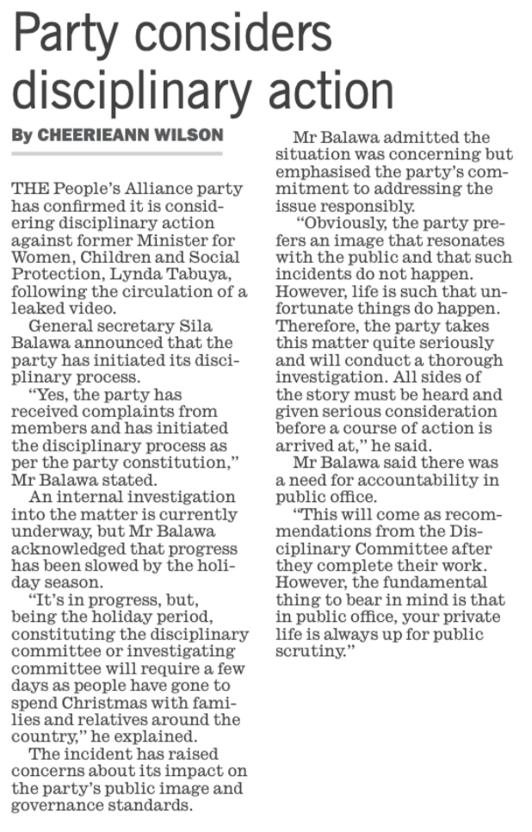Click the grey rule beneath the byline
[x=116, y=154]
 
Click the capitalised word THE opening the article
[x=28, y=189]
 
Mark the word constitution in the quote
[x=187, y=463]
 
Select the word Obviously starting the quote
[x=340, y=223]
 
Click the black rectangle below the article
[x=401, y=749]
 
